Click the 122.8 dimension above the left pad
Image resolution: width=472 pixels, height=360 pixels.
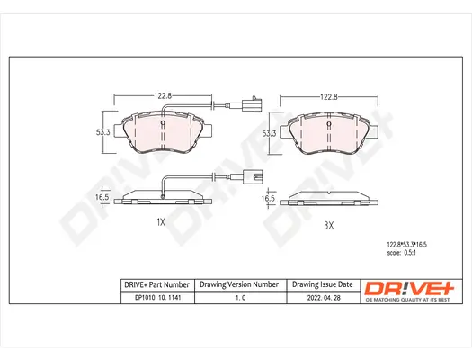coord(162,94)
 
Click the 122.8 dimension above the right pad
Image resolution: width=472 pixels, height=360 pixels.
coord(330,96)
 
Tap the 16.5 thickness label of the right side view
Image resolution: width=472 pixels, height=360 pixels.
coord(267,199)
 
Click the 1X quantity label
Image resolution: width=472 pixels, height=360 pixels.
coord(161,221)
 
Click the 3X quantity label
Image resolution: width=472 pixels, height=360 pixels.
coord(329,225)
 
